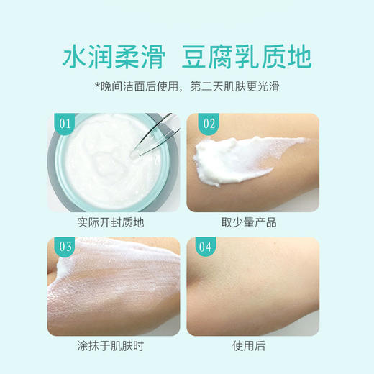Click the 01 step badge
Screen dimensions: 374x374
65,123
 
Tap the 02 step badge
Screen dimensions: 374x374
209,123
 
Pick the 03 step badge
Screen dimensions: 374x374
65,247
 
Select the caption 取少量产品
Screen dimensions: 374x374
254,222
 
